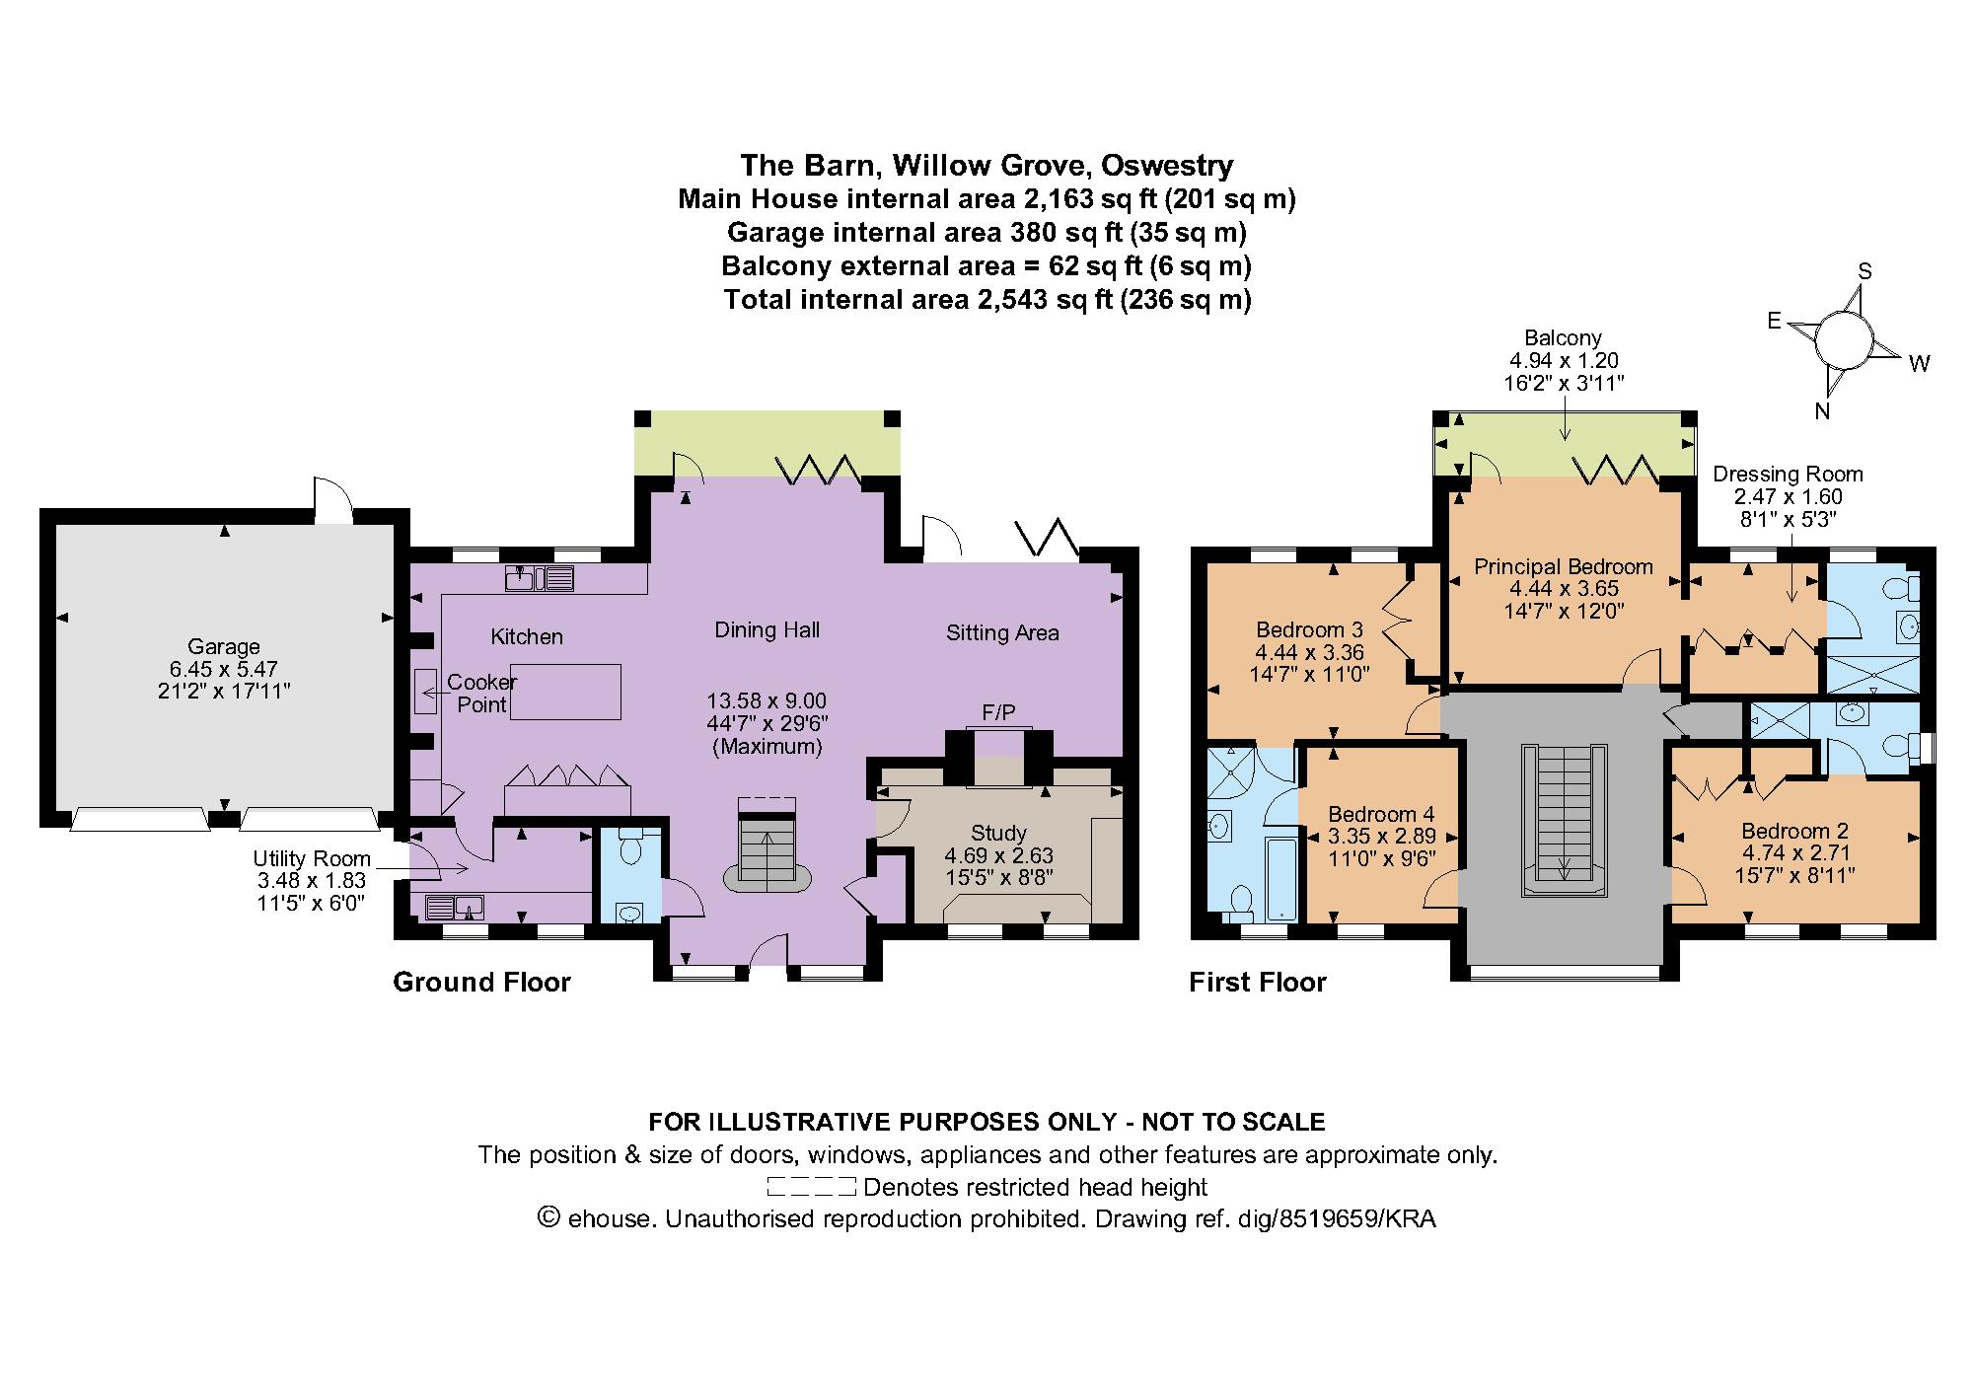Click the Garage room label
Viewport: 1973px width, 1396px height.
click(223, 647)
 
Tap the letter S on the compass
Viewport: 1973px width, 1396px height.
click(1864, 271)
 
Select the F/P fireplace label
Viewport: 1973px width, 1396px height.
click(998, 712)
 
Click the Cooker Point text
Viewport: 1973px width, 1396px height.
click(481, 693)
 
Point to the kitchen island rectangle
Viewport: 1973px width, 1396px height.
click(565, 691)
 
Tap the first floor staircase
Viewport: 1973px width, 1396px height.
click(1564, 819)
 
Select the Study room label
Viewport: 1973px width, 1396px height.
click(998, 833)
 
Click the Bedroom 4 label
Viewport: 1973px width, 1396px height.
click(1380, 814)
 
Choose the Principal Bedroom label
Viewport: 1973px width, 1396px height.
click(1563, 566)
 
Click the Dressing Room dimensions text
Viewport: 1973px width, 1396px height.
click(1788, 508)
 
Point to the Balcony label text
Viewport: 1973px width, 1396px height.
click(1563, 338)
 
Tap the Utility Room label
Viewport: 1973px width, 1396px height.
click(312, 858)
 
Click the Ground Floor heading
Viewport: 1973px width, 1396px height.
click(481, 982)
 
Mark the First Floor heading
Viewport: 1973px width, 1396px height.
click(1257, 982)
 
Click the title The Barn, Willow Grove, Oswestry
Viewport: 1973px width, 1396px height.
click(986, 164)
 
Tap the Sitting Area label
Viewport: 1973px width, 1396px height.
click(1002, 633)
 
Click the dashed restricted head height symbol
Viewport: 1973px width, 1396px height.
click(810, 1187)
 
